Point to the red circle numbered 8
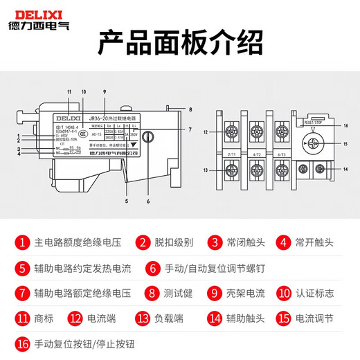151,292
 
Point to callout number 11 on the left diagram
69,92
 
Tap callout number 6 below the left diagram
147,201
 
